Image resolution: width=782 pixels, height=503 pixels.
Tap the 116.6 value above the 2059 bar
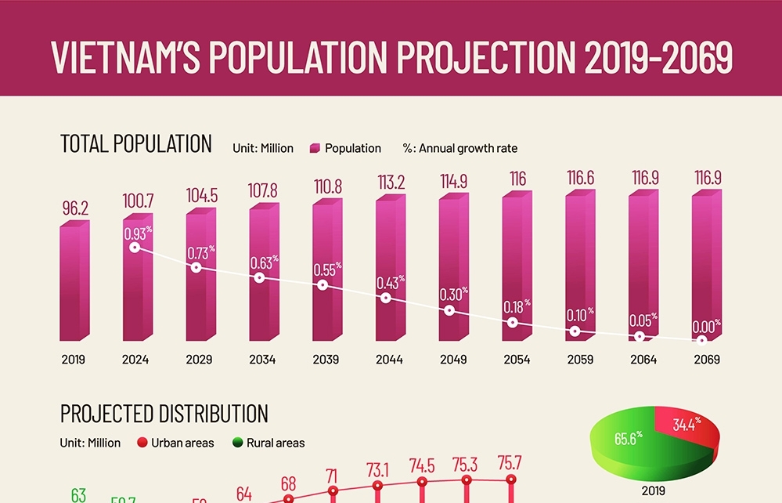click(580, 178)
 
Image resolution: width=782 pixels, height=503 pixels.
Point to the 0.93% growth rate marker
click(135, 248)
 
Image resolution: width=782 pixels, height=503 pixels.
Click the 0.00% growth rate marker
click(702, 340)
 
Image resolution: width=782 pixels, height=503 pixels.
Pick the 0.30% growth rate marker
click(449, 311)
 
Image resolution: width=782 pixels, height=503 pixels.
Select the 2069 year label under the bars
click(706, 360)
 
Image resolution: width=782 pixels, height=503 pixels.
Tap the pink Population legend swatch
click(315, 148)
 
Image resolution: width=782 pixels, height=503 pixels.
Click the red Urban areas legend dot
click(142, 443)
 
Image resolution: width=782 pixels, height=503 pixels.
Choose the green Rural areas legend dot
click(237, 443)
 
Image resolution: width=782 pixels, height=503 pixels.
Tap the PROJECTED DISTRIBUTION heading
click(164, 413)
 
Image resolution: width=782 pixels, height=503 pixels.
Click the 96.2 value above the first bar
click(75, 209)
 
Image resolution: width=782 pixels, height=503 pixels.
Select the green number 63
click(78, 495)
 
